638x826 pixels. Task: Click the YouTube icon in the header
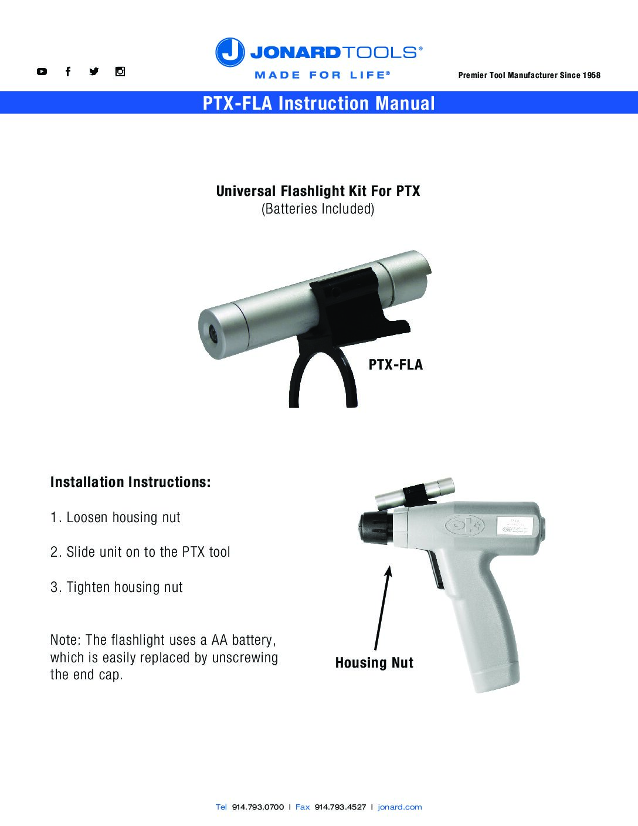pyautogui.click(x=42, y=72)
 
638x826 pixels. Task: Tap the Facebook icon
pyautogui.click(x=68, y=72)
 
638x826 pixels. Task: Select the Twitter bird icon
pyautogui.click(x=94, y=72)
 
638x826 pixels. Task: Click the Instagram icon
pyautogui.click(x=120, y=72)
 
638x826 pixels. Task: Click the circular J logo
pyautogui.click(x=230, y=52)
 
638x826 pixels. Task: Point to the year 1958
pyautogui.click(x=591, y=75)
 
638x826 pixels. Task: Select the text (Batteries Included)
pyautogui.click(x=318, y=209)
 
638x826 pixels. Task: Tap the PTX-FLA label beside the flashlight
pyautogui.click(x=396, y=364)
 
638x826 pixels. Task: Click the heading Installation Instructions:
pyautogui.click(x=130, y=482)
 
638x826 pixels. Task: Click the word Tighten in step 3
pyautogui.click(x=89, y=587)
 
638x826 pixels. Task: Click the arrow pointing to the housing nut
pyautogui.click(x=382, y=608)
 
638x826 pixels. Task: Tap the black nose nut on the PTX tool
pyautogui.click(x=376, y=527)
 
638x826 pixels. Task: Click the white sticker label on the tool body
pyautogui.click(x=515, y=526)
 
